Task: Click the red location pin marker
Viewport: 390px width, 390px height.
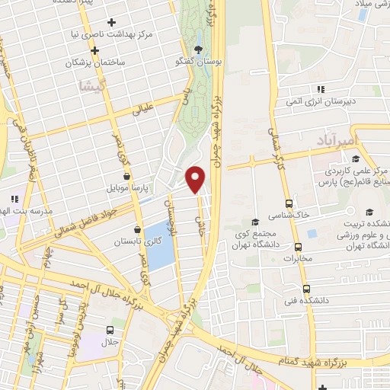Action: pos(196,179)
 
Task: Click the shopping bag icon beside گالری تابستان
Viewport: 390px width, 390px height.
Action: pos(137,229)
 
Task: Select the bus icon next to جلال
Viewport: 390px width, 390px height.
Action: pos(112,331)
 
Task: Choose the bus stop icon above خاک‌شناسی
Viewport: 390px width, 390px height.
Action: pos(289,203)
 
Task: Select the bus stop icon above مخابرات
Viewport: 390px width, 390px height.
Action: pos(298,247)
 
